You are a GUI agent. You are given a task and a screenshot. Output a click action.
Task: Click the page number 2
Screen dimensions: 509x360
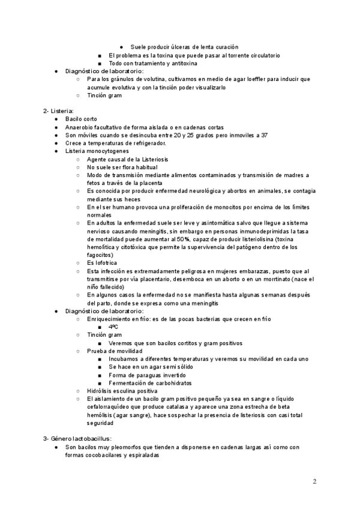315,481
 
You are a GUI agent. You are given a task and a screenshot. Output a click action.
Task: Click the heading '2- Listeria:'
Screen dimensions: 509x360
58,111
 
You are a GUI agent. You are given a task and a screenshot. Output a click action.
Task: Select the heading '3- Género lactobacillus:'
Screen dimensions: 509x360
77,439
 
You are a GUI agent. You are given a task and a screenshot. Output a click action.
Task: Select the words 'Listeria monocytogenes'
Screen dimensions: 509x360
97,151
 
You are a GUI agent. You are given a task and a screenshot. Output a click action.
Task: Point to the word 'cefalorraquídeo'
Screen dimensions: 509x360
109,406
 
